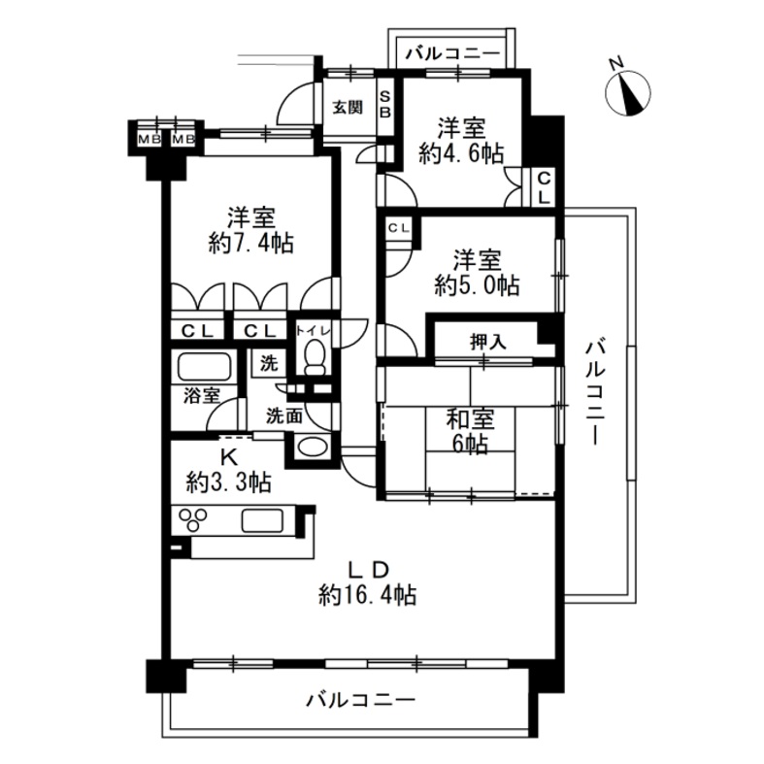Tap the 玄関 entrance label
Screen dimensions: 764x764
point(348,107)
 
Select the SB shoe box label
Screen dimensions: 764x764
point(385,103)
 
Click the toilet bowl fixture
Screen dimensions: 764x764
point(315,357)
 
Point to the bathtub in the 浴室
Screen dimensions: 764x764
point(204,366)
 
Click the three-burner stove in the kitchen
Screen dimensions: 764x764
point(193,519)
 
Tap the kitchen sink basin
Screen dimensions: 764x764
point(263,520)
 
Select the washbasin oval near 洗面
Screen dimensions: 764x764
point(312,447)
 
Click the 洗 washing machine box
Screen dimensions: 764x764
point(269,362)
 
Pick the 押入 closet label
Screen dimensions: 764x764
point(487,343)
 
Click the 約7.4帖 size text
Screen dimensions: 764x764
point(250,243)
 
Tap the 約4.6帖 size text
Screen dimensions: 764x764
point(461,154)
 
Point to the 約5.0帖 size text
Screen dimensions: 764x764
point(477,285)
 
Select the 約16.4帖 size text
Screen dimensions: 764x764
point(367,595)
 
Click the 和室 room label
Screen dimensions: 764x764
point(471,419)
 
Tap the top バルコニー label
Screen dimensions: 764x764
point(454,53)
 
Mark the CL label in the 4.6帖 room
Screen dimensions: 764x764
point(544,188)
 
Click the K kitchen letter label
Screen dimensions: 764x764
point(229,458)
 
